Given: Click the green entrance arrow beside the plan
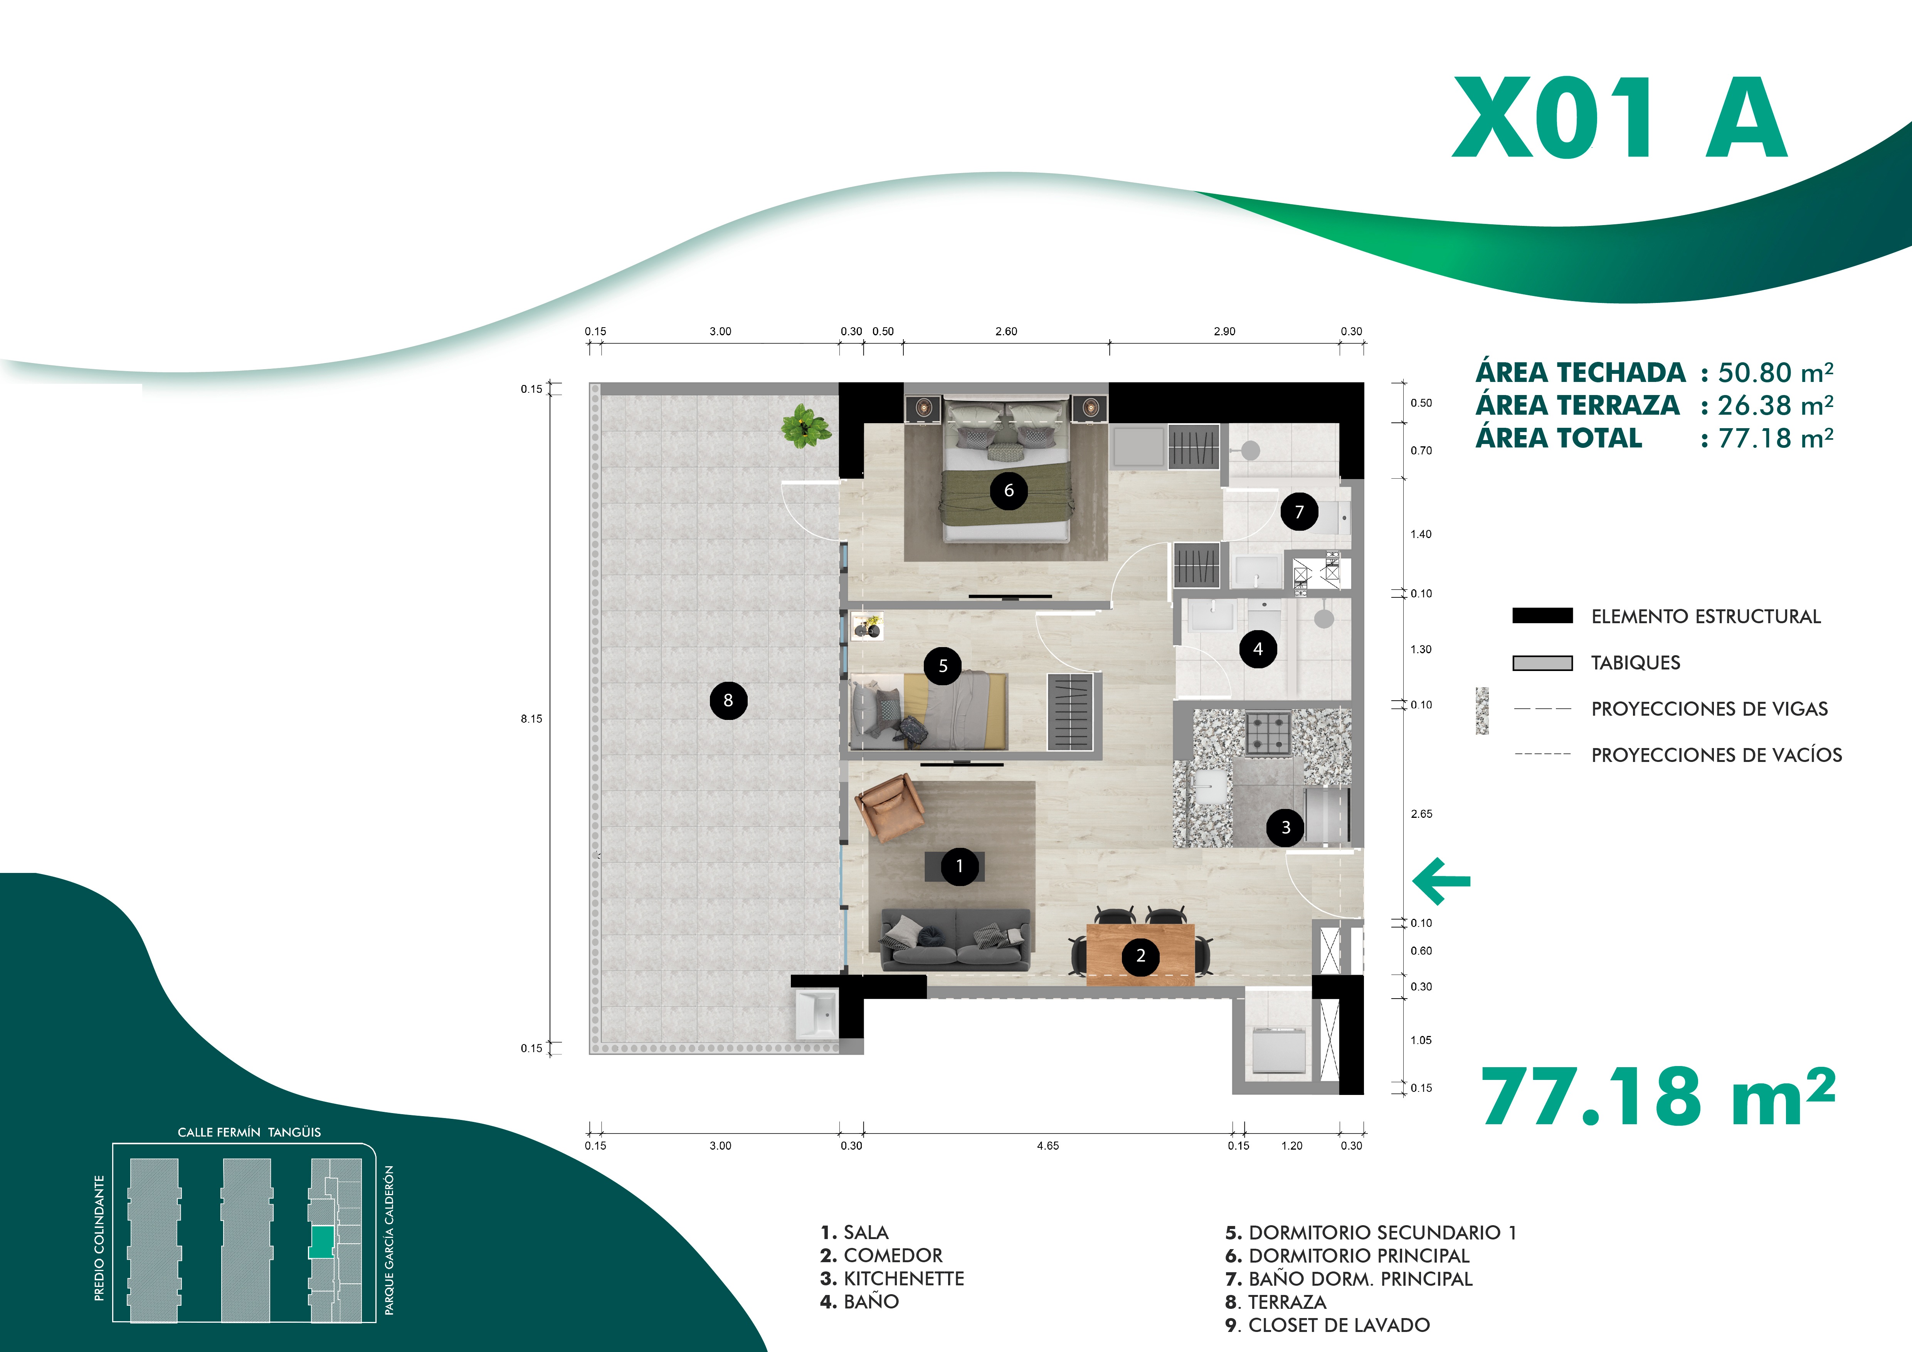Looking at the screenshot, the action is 1441,881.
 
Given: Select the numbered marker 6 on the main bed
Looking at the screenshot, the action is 1009,490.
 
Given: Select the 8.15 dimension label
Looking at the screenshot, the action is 531,718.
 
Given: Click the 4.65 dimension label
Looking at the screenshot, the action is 1048,1145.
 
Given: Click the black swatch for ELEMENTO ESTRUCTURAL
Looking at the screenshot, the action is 1542,616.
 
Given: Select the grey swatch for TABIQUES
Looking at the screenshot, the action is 1542,663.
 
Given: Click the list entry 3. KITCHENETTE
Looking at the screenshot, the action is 892,1279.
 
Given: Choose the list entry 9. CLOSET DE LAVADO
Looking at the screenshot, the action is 1327,1325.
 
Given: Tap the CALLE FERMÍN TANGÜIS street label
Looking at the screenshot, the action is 249,1132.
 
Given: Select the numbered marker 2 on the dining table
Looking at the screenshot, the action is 1141,956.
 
